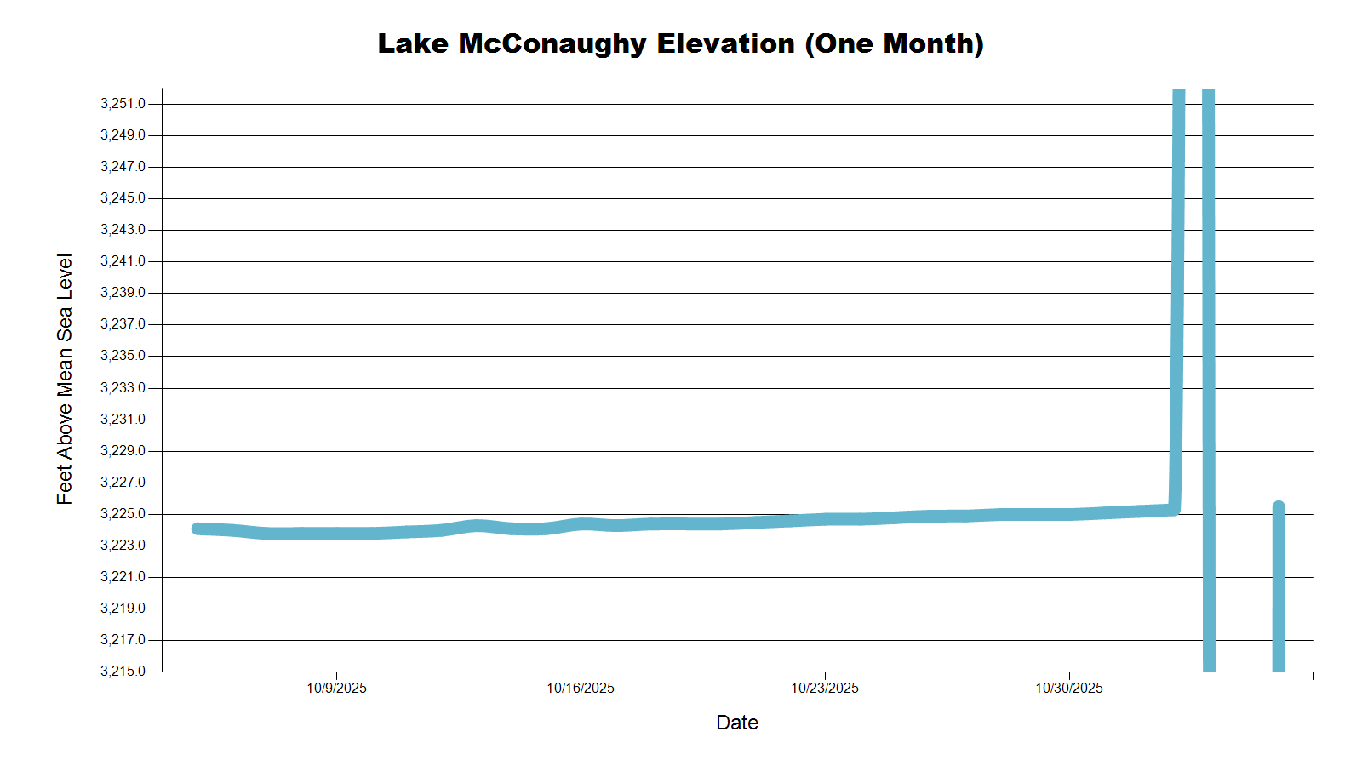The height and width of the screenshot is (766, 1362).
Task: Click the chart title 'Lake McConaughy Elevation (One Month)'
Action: click(x=680, y=43)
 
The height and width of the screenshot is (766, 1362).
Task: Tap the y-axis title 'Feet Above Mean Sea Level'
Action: click(x=65, y=379)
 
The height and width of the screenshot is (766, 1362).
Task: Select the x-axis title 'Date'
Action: click(x=737, y=723)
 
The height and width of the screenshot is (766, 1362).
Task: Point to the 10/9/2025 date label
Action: click(x=336, y=688)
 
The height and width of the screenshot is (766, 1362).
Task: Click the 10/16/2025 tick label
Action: click(x=581, y=688)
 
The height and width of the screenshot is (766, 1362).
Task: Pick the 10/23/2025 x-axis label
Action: click(x=825, y=688)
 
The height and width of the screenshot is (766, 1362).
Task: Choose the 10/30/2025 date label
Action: click(x=1069, y=688)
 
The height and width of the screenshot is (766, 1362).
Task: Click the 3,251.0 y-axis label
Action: click(x=123, y=104)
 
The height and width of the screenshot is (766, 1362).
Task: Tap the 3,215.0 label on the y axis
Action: click(x=123, y=672)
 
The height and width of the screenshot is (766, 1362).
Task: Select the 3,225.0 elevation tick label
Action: click(x=123, y=514)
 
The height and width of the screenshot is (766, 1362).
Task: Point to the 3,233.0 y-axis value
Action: click(x=123, y=388)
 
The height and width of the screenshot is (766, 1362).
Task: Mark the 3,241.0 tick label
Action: click(x=123, y=261)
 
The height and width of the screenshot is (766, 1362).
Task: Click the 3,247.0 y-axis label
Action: click(x=123, y=167)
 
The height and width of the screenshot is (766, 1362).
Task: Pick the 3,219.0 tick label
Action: click(x=123, y=609)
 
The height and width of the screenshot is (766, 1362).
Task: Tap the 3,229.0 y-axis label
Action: click(x=123, y=451)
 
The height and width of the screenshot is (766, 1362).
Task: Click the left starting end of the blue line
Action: click(x=197, y=529)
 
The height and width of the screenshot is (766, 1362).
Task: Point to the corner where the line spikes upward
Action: click(x=1175, y=509)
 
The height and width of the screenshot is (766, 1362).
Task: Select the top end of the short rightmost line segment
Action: click(x=1278, y=507)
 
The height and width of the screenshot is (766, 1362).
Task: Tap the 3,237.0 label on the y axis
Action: click(x=123, y=324)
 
